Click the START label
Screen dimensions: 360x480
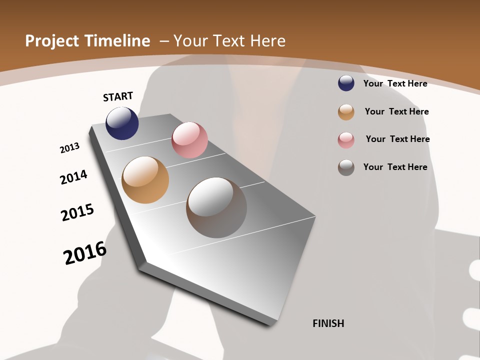pos(118,96)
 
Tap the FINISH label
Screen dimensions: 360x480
pos(328,323)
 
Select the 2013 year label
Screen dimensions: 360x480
pos(70,148)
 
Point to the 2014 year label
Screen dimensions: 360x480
pos(74,177)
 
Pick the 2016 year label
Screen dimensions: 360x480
pos(85,252)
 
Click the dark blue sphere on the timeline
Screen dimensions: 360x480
pos(122,123)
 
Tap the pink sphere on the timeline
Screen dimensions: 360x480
pos(189,140)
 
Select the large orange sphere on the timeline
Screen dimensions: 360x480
pos(145,180)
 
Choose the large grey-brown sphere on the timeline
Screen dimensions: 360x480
pos(216,207)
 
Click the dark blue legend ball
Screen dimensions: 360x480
pos(346,83)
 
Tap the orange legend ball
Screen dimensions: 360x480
pos(346,112)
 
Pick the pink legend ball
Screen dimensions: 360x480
pos(346,140)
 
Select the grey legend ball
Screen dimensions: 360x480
pos(346,167)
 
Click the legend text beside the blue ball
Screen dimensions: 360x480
pos(395,84)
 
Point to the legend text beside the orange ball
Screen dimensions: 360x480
pos(396,111)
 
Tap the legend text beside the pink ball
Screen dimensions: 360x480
pos(397,139)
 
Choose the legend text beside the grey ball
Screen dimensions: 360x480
pos(395,167)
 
